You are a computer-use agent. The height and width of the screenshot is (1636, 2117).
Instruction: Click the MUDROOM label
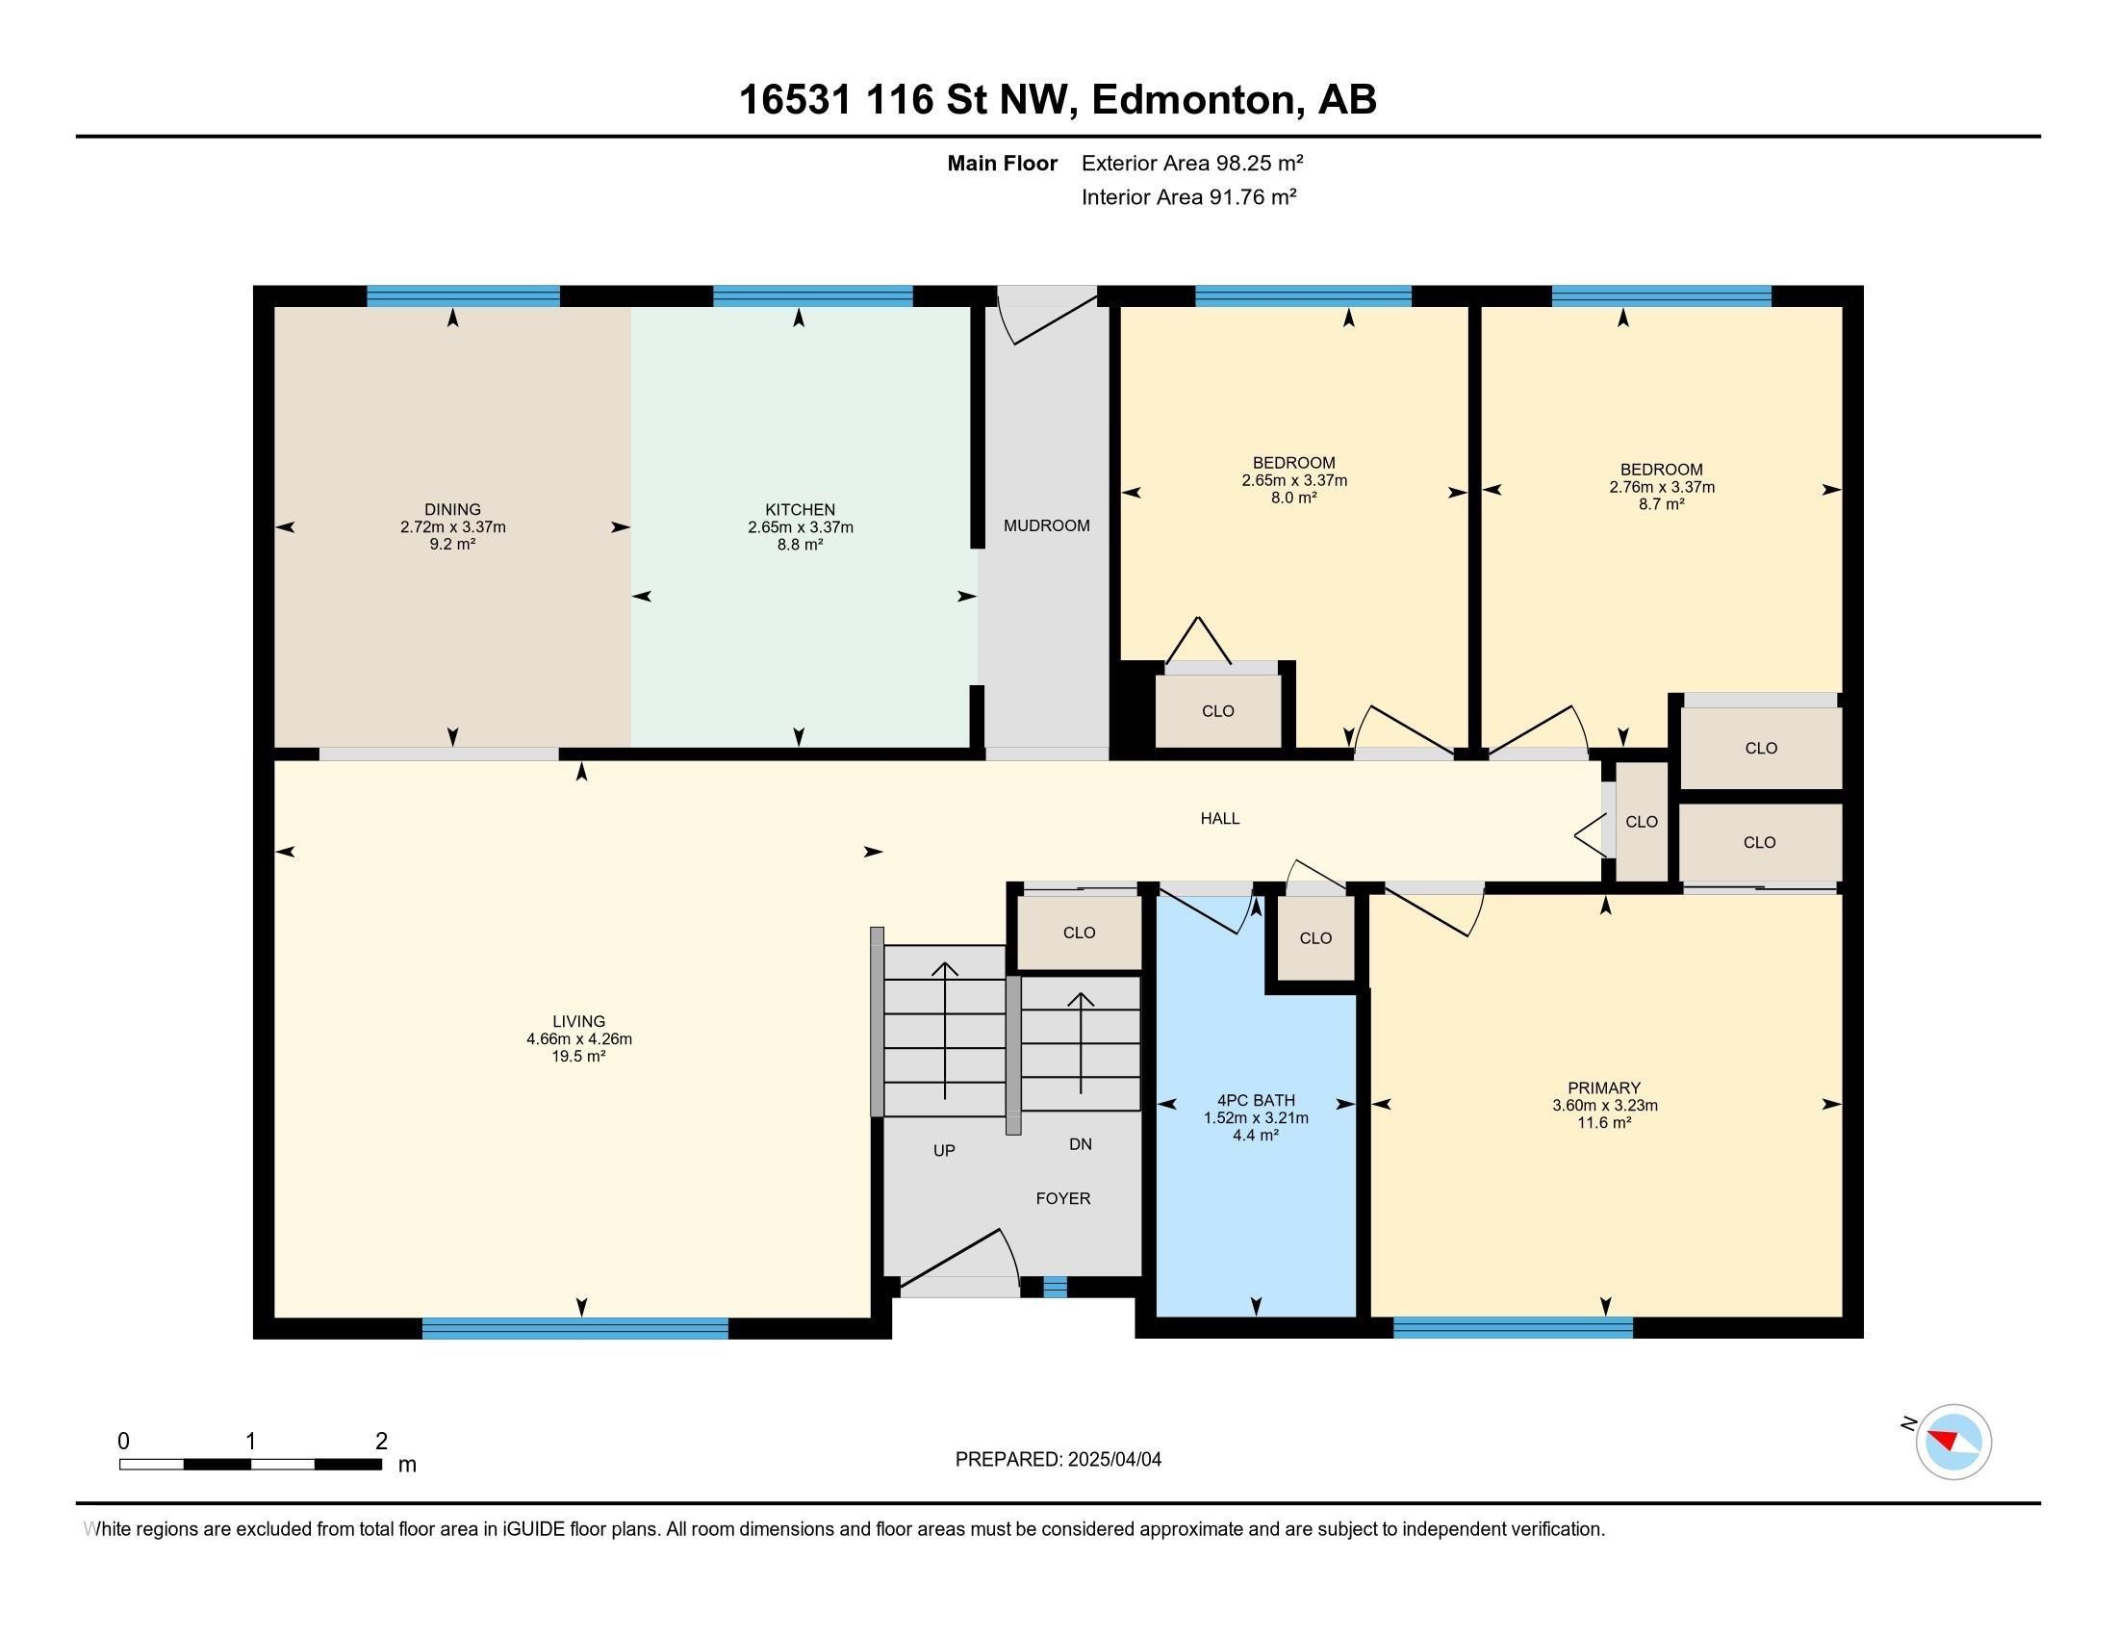tap(1046, 525)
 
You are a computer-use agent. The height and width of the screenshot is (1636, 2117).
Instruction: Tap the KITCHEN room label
tap(800, 510)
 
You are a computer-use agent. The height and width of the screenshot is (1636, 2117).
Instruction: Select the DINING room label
tap(452, 510)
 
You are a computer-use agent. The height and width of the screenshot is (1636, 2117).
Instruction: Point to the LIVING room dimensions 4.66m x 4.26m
tap(578, 1039)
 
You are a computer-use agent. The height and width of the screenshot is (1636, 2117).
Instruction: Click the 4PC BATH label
tap(1255, 1100)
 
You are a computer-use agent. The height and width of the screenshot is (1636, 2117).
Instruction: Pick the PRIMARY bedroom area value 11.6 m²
tap(1604, 1122)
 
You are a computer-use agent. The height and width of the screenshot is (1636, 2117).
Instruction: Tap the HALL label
tap(1219, 818)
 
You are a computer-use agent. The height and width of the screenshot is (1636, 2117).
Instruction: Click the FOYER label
tap(1062, 1198)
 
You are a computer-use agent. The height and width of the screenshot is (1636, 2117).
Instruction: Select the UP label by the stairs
tap(943, 1150)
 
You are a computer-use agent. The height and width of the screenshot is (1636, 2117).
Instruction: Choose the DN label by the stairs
tap(1080, 1143)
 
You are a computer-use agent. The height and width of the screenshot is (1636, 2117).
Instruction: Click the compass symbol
tap(1952, 1442)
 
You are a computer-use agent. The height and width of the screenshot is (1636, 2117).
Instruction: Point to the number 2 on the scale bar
tap(381, 1442)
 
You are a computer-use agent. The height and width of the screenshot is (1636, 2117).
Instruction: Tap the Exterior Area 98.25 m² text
tap(1192, 163)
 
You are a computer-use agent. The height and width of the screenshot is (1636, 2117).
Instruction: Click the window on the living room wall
tap(574, 1328)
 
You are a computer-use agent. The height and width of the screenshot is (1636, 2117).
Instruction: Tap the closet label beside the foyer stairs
tap(1078, 933)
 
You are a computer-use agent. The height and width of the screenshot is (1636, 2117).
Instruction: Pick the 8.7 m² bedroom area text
tap(1662, 504)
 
